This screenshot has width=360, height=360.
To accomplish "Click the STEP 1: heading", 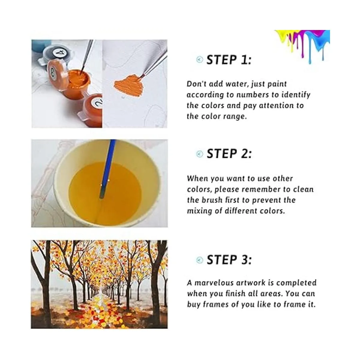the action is (x=229, y=60).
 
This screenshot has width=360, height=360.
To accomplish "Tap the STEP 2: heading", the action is (x=229, y=154).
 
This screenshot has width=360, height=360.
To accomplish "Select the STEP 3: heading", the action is (x=229, y=260).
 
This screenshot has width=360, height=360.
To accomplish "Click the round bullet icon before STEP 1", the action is (x=200, y=60).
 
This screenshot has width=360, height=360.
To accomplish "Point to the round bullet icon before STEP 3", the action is (x=200, y=260).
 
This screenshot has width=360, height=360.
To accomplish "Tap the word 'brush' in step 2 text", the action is (x=212, y=200).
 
